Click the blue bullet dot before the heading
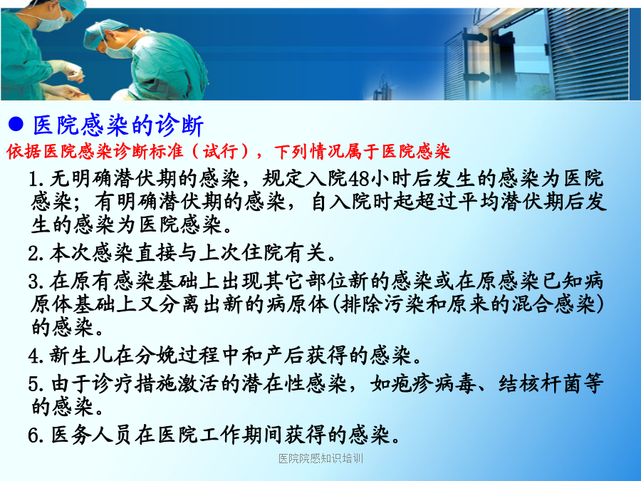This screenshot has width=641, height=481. [x=16, y=124]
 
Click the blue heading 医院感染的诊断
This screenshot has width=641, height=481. [x=118, y=125]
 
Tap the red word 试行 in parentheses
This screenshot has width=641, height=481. [x=221, y=151]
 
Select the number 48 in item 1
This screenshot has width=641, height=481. [x=360, y=178]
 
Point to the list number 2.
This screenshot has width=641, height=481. [x=35, y=253]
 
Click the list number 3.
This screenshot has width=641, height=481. [x=35, y=281]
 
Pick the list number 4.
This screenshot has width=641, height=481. [x=35, y=356]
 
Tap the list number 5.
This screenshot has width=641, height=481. [x=35, y=384]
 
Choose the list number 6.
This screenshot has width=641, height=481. [x=35, y=435]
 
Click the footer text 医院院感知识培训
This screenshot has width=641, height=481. [x=321, y=458]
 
